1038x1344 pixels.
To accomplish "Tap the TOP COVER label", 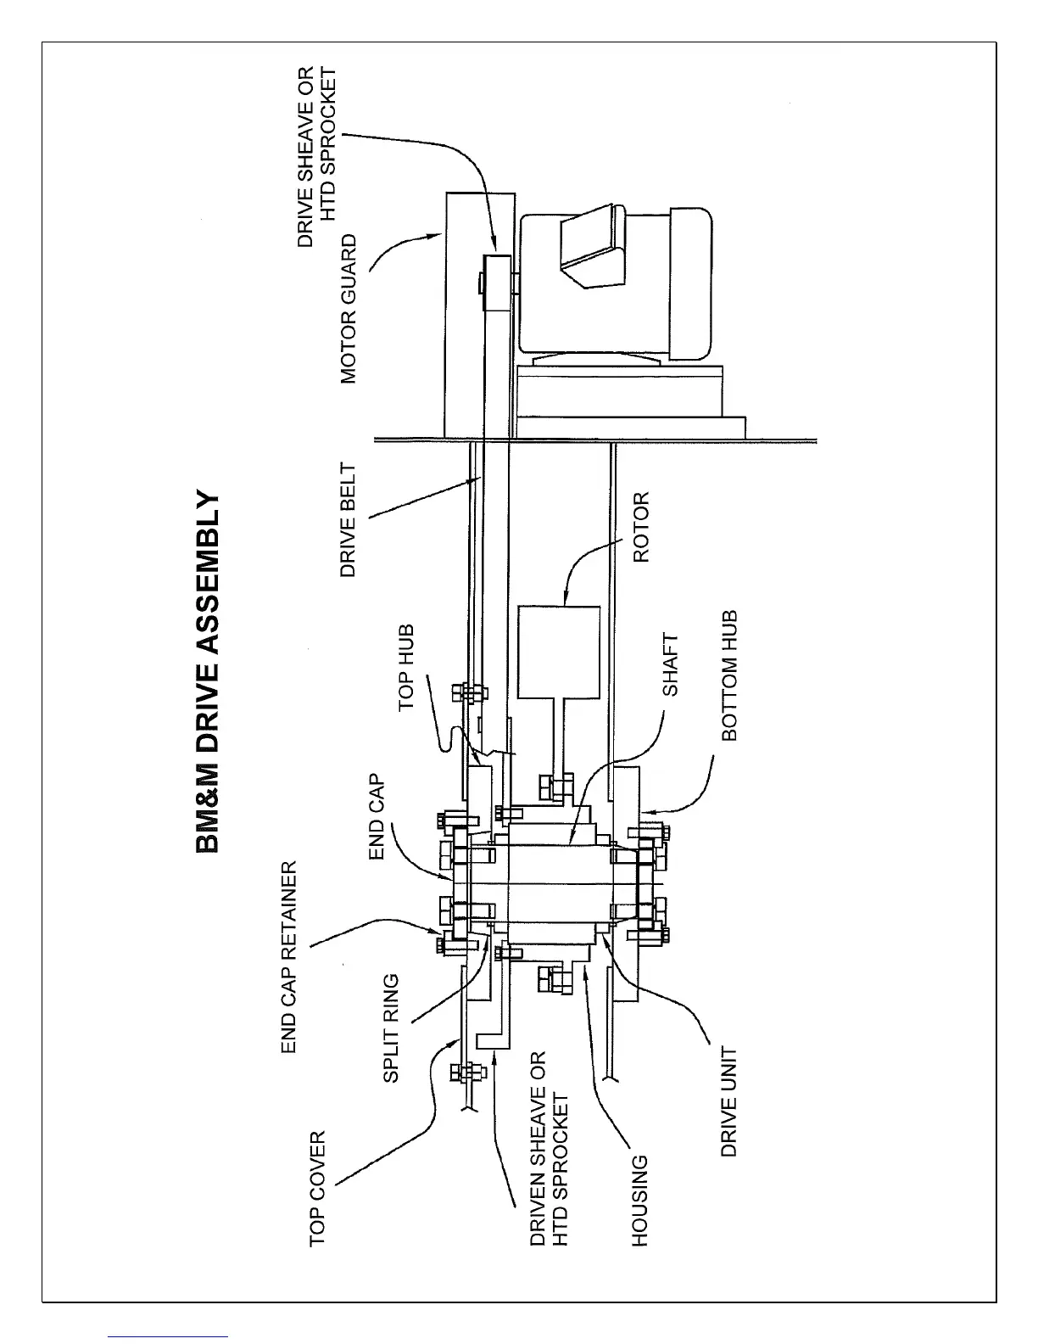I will (x=317, y=1188).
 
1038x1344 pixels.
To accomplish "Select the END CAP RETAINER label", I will (x=289, y=957).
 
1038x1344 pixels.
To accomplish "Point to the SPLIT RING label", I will (x=391, y=1028).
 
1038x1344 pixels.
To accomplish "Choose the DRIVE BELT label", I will (x=348, y=519).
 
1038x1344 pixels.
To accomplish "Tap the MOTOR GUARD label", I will (x=349, y=310).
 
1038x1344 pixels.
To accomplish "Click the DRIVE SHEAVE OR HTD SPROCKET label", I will (x=317, y=157).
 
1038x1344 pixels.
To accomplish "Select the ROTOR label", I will (x=641, y=527).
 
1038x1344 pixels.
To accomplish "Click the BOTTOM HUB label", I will (x=729, y=675).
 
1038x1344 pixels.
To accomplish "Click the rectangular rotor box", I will (x=559, y=652).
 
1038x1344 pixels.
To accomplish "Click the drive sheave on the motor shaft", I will (x=498, y=284).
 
